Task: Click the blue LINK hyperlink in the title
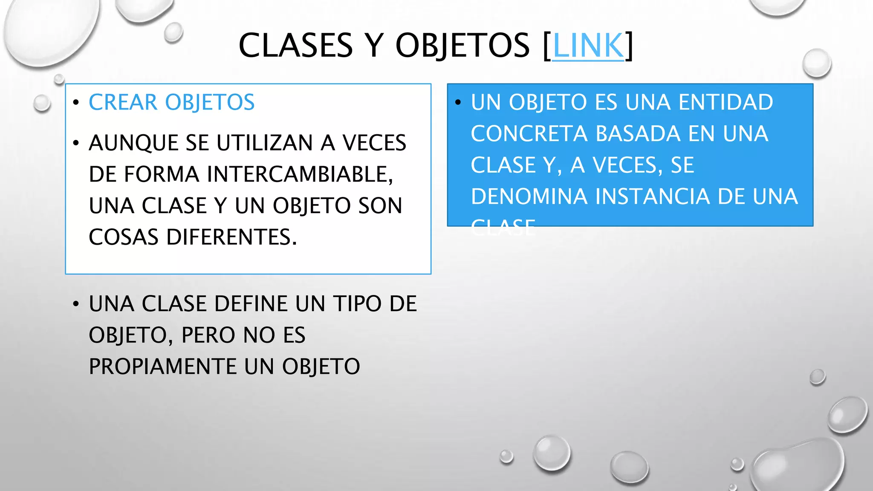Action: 588,46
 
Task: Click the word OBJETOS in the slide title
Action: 463,46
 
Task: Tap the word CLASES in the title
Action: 295,46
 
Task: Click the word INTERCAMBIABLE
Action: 300,174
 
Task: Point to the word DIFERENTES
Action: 231,237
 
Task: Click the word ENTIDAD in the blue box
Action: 726,103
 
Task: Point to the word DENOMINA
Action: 529,197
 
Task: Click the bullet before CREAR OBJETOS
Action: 76,103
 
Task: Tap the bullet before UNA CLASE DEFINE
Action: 76,304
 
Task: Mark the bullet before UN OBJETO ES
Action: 458,103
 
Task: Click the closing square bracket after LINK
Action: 629,46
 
